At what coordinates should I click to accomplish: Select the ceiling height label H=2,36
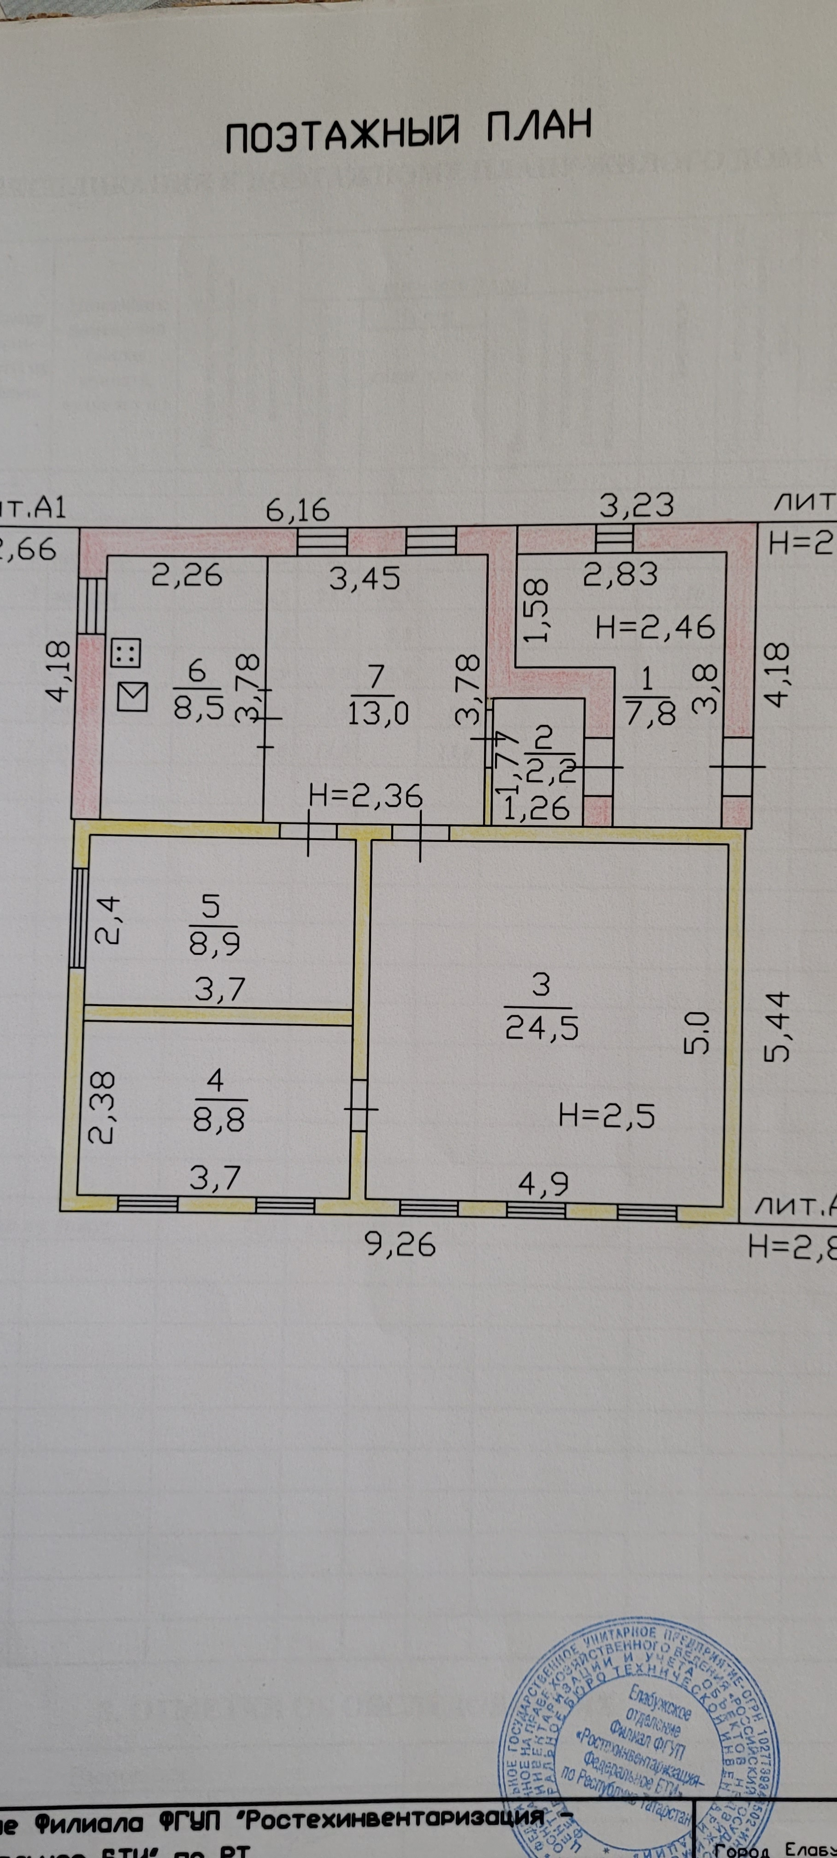(x=365, y=796)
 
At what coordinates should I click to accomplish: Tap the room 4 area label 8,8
(x=218, y=1119)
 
